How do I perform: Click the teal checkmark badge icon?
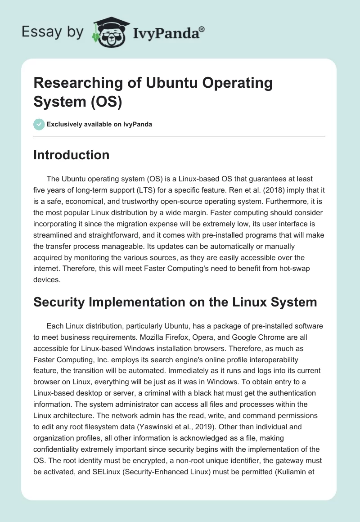pos(39,124)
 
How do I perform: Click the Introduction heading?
pos(72,155)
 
